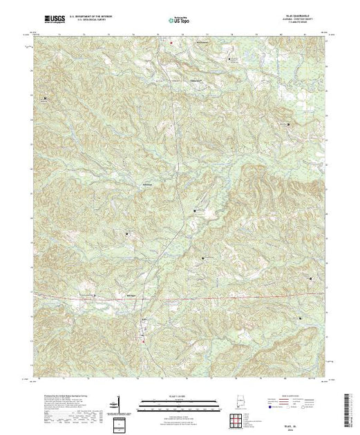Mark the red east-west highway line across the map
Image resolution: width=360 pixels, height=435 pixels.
(x=207, y=298)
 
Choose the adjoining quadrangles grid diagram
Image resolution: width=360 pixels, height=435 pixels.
(x=241, y=418)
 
